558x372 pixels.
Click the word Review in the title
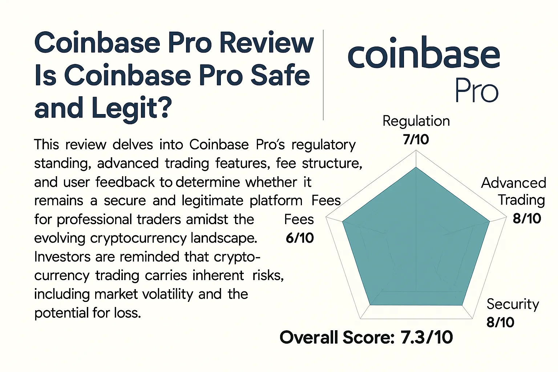[x=267, y=43]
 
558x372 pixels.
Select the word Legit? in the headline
[x=131, y=108]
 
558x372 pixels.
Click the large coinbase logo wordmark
[x=424, y=54]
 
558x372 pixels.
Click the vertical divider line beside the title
[x=323, y=75]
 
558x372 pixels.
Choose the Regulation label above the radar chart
[x=416, y=121]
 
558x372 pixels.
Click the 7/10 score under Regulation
[x=416, y=139]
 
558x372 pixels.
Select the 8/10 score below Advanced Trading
[x=527, y=219]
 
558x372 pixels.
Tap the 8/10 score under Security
[x=500, y=322]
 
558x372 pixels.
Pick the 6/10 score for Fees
[x=300, y=238]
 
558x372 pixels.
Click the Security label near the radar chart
[x=513, y=304]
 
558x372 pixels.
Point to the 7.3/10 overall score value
[x=426, y=337]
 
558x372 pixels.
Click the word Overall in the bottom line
[x=309, y=337]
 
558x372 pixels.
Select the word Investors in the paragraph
[x=62, y=257]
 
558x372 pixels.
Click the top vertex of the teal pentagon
[x=416, y=167]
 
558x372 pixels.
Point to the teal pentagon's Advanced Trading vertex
[x=489, y=221]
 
